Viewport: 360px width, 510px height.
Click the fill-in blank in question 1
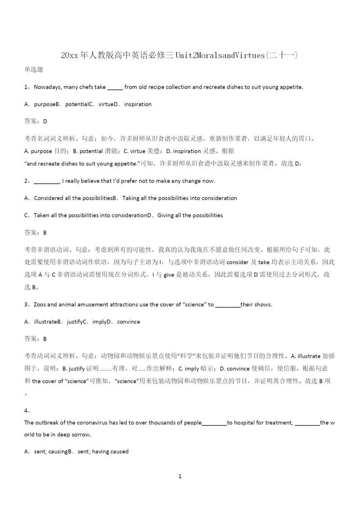(x=115, y=88)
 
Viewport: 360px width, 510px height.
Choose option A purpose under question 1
(x=40, y=104)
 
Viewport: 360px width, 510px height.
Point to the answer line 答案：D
(x=35, y=121)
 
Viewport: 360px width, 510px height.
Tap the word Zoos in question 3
(x=40, y=304)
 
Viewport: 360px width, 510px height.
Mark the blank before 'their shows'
(x=228, y=305)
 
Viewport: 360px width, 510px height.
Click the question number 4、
(x=27, y=410)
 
